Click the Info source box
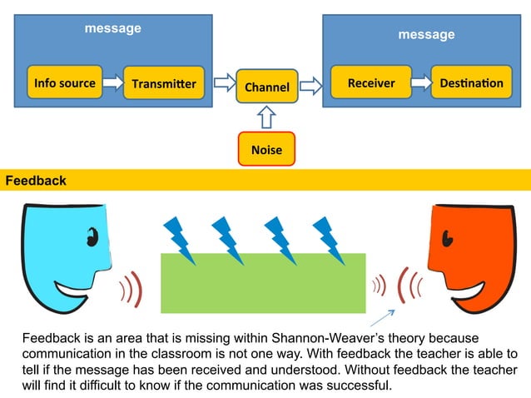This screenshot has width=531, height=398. [65, 82]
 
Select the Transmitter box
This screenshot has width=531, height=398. [164, 83]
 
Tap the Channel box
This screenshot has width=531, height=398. [266, 87]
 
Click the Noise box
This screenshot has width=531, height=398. [266, 150]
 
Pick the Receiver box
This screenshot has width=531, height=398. [370, 82]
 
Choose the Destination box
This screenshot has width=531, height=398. [471, 82]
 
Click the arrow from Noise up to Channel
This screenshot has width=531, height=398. [266, 117]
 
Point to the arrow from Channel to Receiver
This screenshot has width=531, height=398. [310, 83]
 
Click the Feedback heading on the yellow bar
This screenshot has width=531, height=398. [36, 181]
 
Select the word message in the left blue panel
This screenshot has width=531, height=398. [113, 28]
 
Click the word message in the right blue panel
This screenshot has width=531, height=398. [426, 34]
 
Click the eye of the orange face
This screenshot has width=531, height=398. [447, 240]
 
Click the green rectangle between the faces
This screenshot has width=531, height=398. [262, 283]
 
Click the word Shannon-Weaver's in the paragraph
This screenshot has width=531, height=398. [303, 340]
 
